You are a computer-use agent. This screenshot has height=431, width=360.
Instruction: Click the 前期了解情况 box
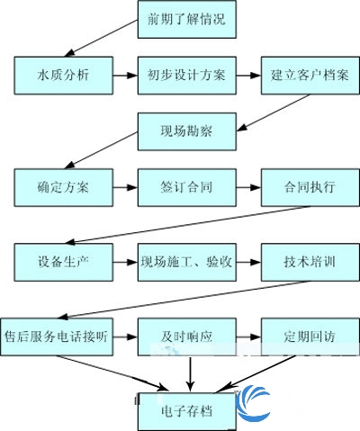[x=187, y=20]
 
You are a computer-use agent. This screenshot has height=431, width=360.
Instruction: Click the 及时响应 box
[x=187, y=337]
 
